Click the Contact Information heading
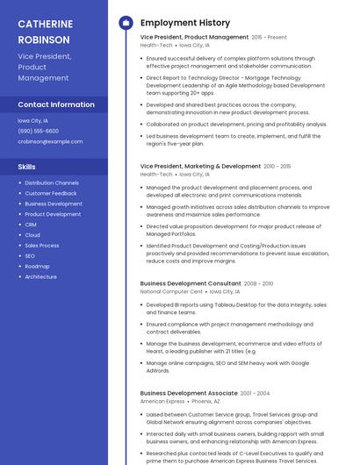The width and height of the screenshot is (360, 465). [x=56, y=104]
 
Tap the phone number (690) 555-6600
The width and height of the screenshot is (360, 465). [x=38, y=131]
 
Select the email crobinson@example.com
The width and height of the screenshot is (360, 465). [x=50, y=140]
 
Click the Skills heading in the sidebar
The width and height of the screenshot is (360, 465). [x=27, y=166]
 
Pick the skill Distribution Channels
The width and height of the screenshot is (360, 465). [x=52, y=182]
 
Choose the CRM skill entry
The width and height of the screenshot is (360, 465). [x=31, y=225]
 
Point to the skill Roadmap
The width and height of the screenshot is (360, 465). [x=37, y=266]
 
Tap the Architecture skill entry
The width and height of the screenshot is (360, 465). [x=40, y=276]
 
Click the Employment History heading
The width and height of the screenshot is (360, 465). [x=185, y=23]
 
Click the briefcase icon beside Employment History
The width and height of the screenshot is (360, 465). [x=126, y=23]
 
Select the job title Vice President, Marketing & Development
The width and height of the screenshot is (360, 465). [x=200, y=166]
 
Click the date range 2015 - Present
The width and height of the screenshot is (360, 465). [x=270, y=38]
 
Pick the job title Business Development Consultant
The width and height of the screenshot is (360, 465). [x=191, y=283]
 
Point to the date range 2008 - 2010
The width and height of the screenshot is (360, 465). [x=259, y=284]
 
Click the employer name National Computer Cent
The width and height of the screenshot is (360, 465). [x=171, y=291]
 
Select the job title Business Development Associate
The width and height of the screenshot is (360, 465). [x=189, y=393]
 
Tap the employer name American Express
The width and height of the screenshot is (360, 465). [x=162, y=401]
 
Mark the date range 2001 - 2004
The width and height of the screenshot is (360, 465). [x=256, y=394]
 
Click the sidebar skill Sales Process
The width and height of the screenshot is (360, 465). [x=42, y=245]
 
